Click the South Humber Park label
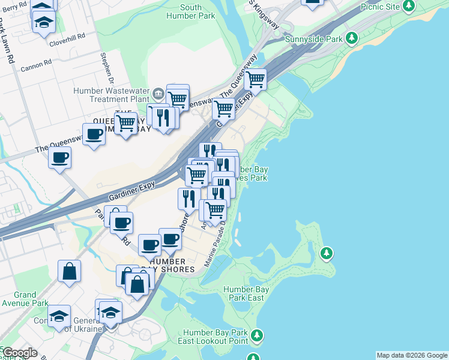point(199,12)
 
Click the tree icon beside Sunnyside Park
point(352,38)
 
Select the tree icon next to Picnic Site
point(409,7)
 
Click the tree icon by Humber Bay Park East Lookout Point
point(257,335)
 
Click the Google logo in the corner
point(19,353)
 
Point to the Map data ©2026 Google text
point(411,355)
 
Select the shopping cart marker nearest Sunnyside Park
point(256,79)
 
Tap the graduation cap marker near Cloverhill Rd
point(43,23)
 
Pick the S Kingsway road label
point(264,13)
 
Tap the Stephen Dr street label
point(107,68)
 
